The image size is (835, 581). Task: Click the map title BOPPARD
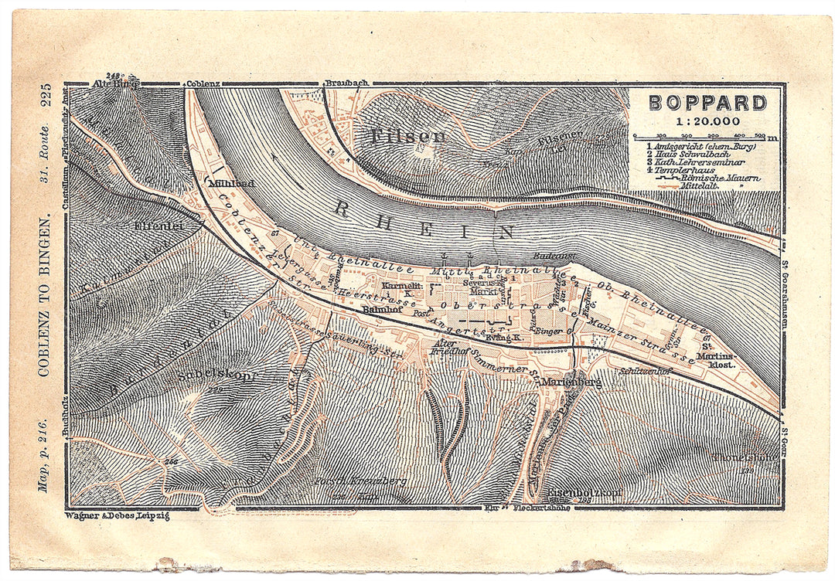pos(707,103)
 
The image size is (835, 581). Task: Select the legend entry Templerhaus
pos(690,169)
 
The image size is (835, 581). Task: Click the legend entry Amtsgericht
pos(696,146)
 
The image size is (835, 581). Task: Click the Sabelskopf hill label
pos(216,375)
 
